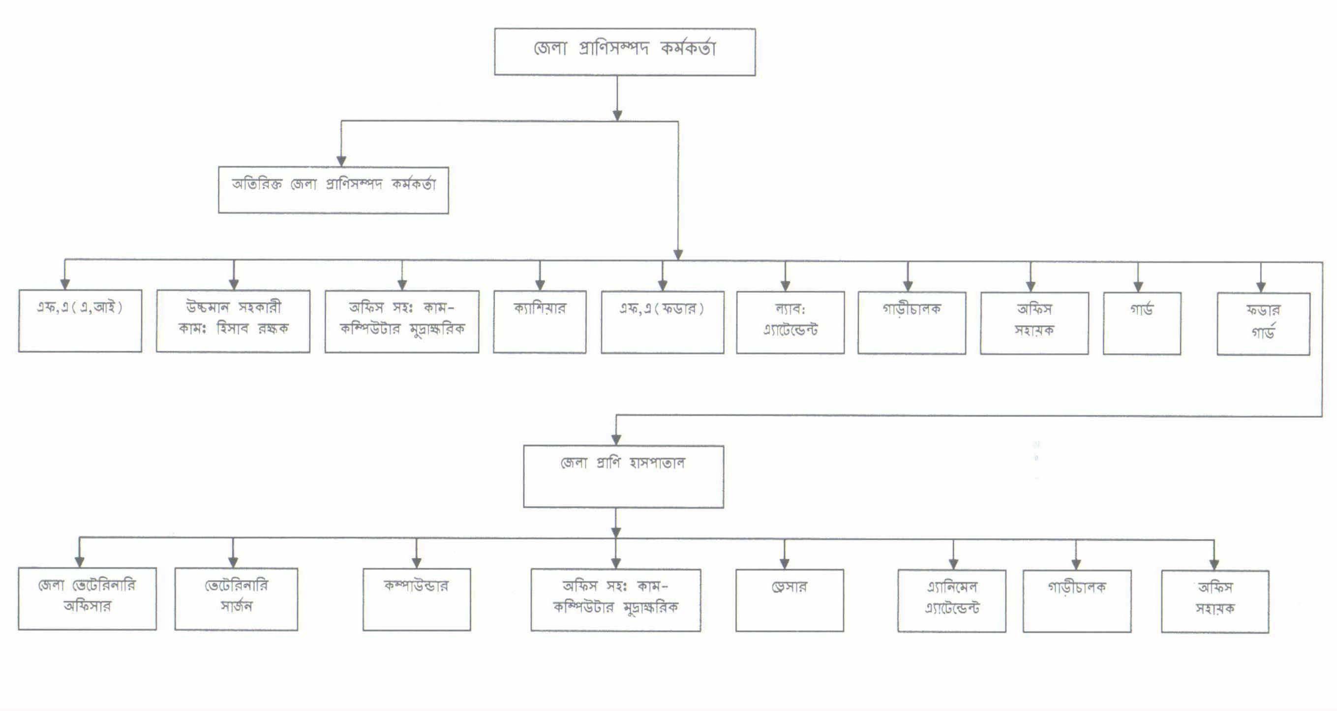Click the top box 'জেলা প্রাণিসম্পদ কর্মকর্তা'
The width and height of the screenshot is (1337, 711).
(x=624, y=52)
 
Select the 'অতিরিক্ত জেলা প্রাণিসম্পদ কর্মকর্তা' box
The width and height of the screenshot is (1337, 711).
(x=333, y=190)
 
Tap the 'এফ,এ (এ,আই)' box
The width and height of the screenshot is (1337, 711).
(x=80, y=321)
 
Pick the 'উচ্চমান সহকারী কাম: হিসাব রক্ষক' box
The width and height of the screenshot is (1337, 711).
(x=233, y=321)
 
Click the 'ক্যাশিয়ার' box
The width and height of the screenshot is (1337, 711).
(x=540, y=322)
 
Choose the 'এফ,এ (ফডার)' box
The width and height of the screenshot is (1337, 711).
(x=662, y=322)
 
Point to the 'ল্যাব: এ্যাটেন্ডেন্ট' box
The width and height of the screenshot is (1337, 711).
(x=790, y=323)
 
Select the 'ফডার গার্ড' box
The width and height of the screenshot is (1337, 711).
(x=1263, y=324)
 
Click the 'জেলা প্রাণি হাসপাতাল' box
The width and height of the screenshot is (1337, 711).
(x=623, y=476)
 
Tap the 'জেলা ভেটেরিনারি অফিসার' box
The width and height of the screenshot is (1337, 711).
(x=87, y=598)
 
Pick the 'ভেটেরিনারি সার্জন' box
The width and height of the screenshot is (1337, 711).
(x=236, y=599)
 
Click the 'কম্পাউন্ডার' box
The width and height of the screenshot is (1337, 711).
(x=417, y=599)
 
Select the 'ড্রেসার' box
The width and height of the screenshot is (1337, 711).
(x=790, y=600)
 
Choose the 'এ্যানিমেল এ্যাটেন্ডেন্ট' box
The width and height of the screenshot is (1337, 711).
(x=951, y=601)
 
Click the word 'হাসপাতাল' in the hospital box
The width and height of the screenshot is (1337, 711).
(x=657, y=463)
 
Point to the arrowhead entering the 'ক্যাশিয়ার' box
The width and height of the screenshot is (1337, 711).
(x=540, y=285)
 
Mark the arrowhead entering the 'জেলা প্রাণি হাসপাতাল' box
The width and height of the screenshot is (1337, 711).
(x=616, y=439)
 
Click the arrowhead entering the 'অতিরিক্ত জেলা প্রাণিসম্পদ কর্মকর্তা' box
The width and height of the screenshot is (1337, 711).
(x=341, y=161)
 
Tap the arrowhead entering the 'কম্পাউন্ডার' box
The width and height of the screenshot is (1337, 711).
(x=416, y=562)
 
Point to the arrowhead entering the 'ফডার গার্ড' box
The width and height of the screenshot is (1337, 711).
(x=1261, y=287)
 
